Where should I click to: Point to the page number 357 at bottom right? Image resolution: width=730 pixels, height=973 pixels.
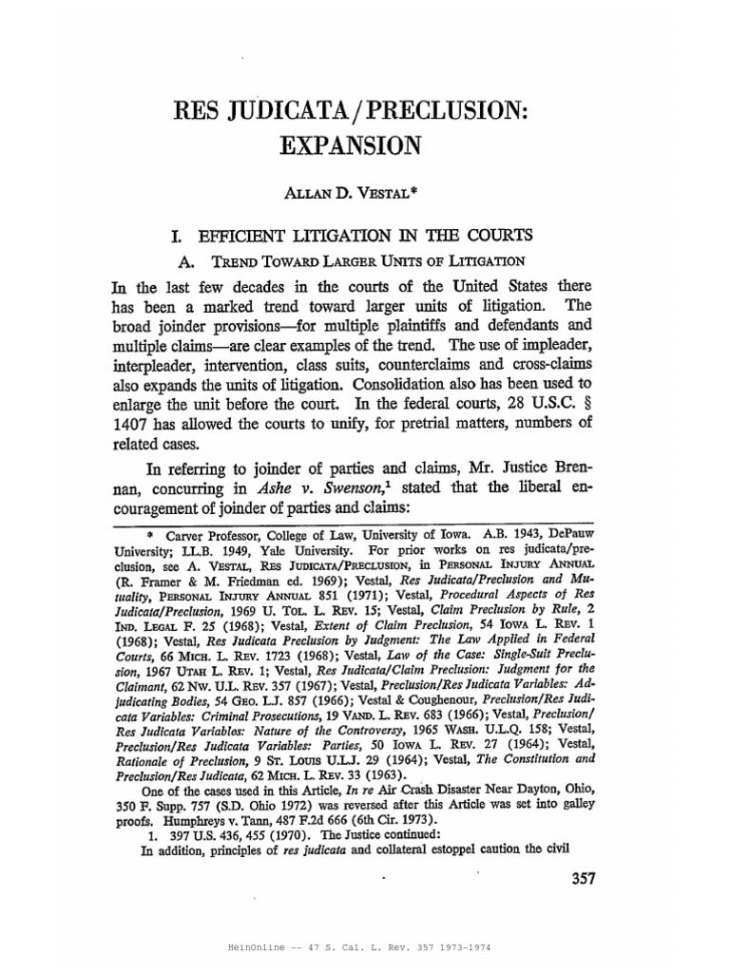(576, 879)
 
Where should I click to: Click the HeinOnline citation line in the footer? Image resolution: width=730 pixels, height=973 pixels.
(365, 948)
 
